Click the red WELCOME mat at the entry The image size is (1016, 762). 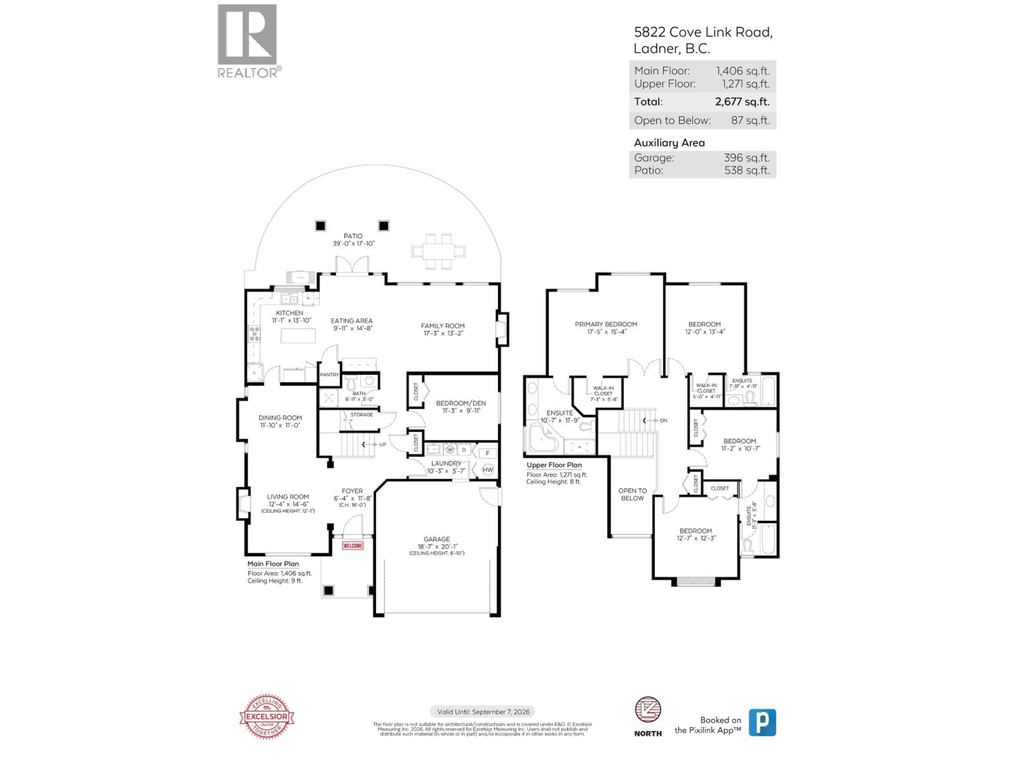pos(353,546)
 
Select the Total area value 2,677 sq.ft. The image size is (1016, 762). pos(742,102)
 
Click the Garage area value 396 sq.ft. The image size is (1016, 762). pos(746,157)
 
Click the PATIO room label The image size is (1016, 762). pos(353,236)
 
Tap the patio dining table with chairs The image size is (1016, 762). pos(438,251)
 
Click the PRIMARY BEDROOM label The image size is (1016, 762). pos(606,324)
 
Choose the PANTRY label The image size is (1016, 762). pos(329,374)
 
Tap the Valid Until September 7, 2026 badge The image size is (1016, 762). pos(483,711)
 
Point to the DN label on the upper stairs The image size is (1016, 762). pos(663,420)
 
